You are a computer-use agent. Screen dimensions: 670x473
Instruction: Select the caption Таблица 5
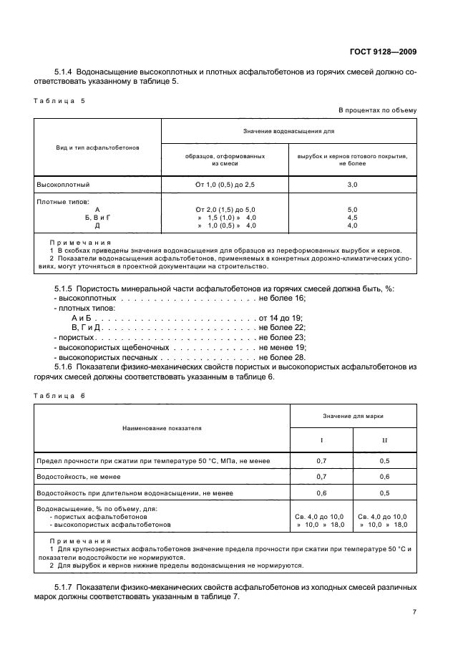[x=59, y=101]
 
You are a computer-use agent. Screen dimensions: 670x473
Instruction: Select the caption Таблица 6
[x=59, y=395]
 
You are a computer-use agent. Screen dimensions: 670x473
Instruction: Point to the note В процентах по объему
[x=377, y=110]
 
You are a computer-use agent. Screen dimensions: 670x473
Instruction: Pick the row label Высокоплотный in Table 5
[x=63, y=184]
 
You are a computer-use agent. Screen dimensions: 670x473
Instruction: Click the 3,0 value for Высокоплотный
[x=352, y=184]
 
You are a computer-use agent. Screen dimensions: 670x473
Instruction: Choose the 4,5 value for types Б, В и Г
[x=352, y=217]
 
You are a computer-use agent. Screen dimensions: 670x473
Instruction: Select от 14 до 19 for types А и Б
[x=281, y=317]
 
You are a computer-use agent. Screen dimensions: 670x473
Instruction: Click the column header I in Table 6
[x=321, y=440]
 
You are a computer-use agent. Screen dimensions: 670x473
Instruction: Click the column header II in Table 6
[x=384, y=440]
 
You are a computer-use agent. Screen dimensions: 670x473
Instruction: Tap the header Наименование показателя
[x=162, y=428]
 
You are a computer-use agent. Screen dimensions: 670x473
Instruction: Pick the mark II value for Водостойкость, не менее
[x=384, y=477]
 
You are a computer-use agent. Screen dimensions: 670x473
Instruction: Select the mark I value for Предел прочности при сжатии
[x=321, y=460]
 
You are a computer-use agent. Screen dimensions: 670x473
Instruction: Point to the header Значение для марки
[x=352, y=415]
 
